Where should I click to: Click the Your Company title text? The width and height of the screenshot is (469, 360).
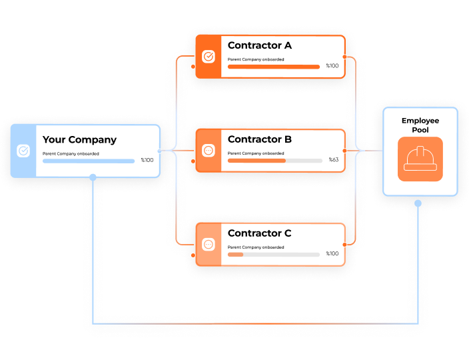point(79,140)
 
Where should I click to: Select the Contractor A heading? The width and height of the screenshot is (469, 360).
point(260,46)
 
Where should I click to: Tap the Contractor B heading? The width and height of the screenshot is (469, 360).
point(260,140)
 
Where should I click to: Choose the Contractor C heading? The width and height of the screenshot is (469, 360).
point(260,233)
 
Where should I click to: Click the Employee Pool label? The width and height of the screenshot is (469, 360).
point(420,125)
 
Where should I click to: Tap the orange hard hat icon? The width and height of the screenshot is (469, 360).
point(420,159)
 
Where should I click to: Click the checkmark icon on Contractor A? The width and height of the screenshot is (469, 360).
point(208,57)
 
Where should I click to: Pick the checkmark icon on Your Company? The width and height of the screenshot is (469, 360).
point(23,151)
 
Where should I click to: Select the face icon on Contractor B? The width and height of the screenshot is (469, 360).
point(208,151)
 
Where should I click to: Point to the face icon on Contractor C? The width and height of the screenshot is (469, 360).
point(208,245)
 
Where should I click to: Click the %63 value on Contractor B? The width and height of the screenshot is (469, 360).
point(334,160)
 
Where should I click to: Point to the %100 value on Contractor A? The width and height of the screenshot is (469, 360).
point(332,66)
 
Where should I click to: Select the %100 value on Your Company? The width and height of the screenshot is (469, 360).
point(147,160)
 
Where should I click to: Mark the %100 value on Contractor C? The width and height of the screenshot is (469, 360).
point(332,254)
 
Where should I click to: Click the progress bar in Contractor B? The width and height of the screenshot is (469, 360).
point(274,161)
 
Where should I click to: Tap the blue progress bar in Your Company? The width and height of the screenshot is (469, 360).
point(89,161)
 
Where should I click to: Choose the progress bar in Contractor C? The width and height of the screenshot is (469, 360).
point(274,255)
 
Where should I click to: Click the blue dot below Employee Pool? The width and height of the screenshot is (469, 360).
point(418,203)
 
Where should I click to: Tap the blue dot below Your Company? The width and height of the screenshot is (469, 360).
point(93,177)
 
